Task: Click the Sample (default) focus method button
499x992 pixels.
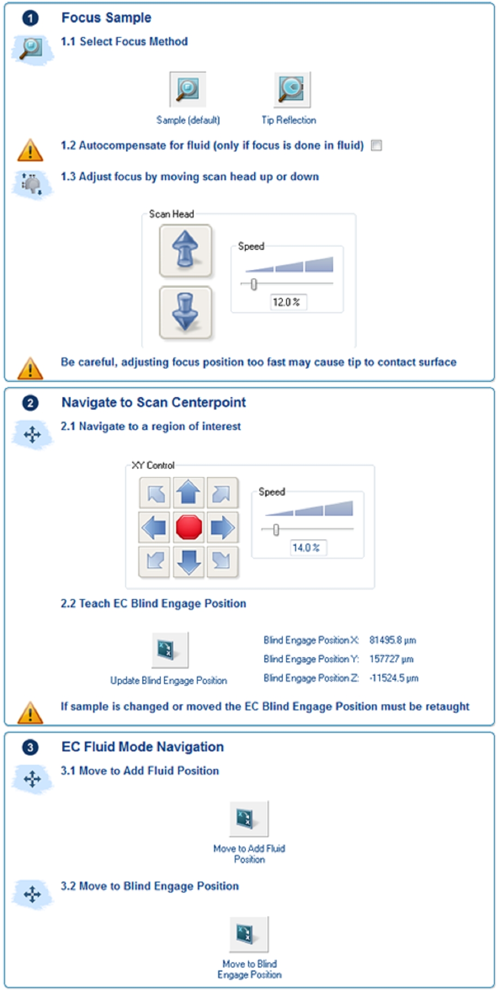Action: (x=188, y=89)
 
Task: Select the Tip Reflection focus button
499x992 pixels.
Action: (x=292, y=89)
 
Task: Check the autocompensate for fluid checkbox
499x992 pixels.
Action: (x=377, y=145)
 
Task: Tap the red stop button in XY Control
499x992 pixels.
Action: (x=189, y=527)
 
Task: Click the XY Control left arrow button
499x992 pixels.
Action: (x=154, y=527)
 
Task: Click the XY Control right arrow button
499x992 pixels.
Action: (x=223, y=527)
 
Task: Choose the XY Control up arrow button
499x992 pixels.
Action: (x=189, y=493)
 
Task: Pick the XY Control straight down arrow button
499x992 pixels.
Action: (x=189, y=562)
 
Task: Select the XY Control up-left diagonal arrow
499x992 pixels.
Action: (x=154, y=493)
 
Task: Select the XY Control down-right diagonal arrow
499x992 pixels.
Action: (x=223, y=562)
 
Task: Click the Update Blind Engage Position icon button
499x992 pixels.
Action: (x=170, y=650)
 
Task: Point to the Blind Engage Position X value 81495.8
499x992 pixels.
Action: (x=392, y=640)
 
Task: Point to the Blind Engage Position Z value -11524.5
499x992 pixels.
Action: (x=394, y=678)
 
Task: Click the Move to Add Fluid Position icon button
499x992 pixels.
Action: (x=249, y=819)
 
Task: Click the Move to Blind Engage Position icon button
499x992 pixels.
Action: (x=249, y=934)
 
